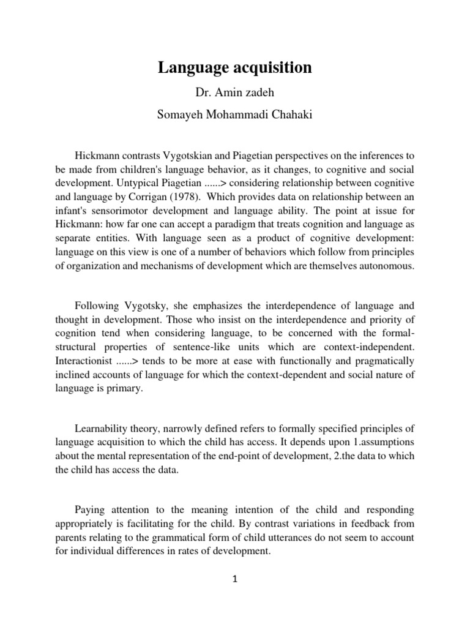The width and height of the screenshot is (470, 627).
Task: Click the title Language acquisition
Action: (x=235, y=68)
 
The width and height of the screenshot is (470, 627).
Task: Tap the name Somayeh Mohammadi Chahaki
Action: (x=235, y=116)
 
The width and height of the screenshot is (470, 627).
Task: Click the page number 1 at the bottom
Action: (x=235, y=579)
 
